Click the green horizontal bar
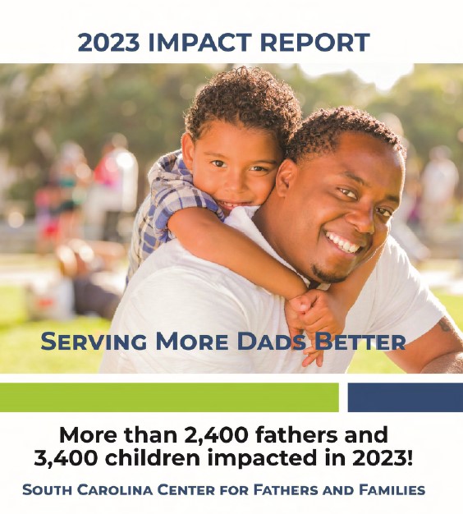(168, 397)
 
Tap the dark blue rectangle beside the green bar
(405, 397)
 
